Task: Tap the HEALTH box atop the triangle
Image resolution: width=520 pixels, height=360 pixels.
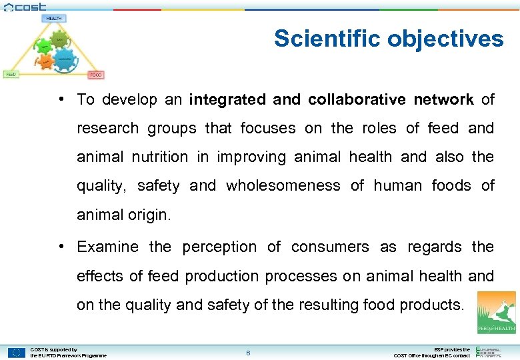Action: coord(54,18)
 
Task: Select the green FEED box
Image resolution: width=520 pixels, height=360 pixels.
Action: coord(11,74)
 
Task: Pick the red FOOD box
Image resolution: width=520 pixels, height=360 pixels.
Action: coord(97,75)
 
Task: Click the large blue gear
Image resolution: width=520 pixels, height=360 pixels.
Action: coord(64,58)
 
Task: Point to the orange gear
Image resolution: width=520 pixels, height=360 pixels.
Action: coord(45,61)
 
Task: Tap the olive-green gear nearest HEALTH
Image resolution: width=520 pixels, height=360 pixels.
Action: coord(59,39)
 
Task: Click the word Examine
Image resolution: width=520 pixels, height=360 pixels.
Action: coord(107,247)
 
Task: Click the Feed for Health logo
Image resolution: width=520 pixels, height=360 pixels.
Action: coord(496,311)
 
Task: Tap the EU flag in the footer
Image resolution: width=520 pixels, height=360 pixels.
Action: coord(17,353)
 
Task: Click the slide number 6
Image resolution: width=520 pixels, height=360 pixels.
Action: coord(248,353)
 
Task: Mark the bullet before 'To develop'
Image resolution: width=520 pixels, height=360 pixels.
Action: coord(61,99)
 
